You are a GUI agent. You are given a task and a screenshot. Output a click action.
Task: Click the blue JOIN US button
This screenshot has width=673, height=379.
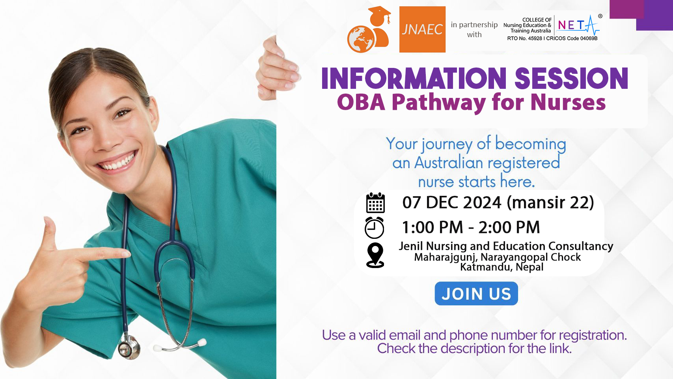(476, 294)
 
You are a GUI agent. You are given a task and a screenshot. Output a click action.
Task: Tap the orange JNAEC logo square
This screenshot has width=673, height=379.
(422, 30)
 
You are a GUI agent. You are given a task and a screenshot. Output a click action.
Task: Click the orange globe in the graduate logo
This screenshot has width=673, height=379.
(361, 39)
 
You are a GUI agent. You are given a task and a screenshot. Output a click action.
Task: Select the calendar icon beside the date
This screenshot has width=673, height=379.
(375, 203)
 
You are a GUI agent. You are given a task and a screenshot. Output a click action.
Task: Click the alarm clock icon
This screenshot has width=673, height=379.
(375, 228)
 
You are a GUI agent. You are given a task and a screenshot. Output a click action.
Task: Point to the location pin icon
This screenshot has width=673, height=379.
(375, 255)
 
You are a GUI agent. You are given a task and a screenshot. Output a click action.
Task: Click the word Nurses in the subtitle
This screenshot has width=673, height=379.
(568, 102)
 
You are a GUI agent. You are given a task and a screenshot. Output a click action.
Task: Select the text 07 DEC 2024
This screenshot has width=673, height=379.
(452, 203)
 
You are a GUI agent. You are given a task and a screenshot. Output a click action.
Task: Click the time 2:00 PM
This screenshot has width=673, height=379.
(509, 227)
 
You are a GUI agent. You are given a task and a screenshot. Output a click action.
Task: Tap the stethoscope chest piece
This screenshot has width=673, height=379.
(129, 347)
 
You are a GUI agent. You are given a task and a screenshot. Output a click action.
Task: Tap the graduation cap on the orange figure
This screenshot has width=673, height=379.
(380, 12)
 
